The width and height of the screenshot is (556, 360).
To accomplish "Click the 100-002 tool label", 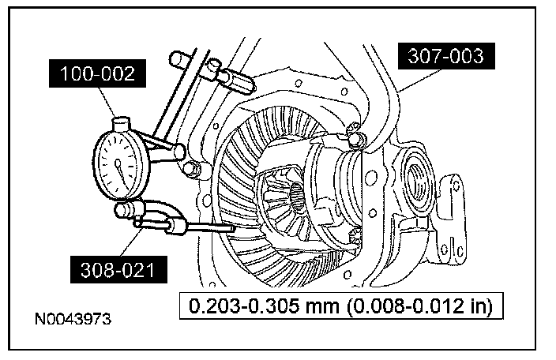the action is (x=97, y=73).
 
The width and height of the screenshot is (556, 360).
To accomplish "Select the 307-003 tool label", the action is (x=446, y=56).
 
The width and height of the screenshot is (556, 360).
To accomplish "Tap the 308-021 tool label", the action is (x=118, y=270).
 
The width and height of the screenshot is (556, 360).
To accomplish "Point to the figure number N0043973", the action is (x=73, y=319).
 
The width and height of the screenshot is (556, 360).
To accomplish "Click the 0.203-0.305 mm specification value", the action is (x=264, y=306).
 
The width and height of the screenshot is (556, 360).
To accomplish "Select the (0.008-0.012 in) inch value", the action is (x=419, y=306).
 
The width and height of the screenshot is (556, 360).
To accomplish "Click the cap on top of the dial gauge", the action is (x=121, y=124).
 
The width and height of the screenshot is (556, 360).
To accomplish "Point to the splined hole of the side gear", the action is (x=297, y=197).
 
